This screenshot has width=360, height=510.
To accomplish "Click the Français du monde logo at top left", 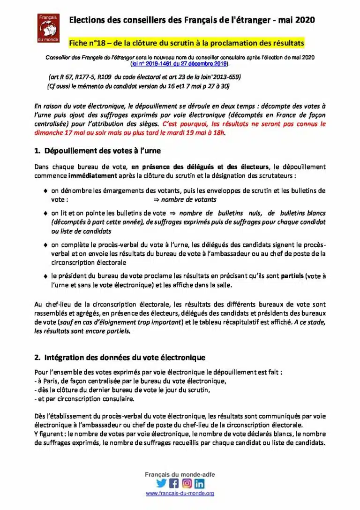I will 47,28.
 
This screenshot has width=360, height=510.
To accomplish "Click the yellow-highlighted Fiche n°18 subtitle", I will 187,43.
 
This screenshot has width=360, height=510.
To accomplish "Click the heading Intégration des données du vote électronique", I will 120,358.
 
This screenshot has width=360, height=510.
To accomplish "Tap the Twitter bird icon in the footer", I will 161,483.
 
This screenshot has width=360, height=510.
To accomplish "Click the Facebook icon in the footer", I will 174,483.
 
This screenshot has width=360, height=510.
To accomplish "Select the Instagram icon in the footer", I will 187,483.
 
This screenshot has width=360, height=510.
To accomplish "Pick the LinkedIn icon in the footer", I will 200,483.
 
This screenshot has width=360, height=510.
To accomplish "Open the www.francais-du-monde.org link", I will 180,494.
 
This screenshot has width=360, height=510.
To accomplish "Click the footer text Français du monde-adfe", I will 180,475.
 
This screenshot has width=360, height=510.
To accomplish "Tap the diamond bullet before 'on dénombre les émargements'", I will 45,191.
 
